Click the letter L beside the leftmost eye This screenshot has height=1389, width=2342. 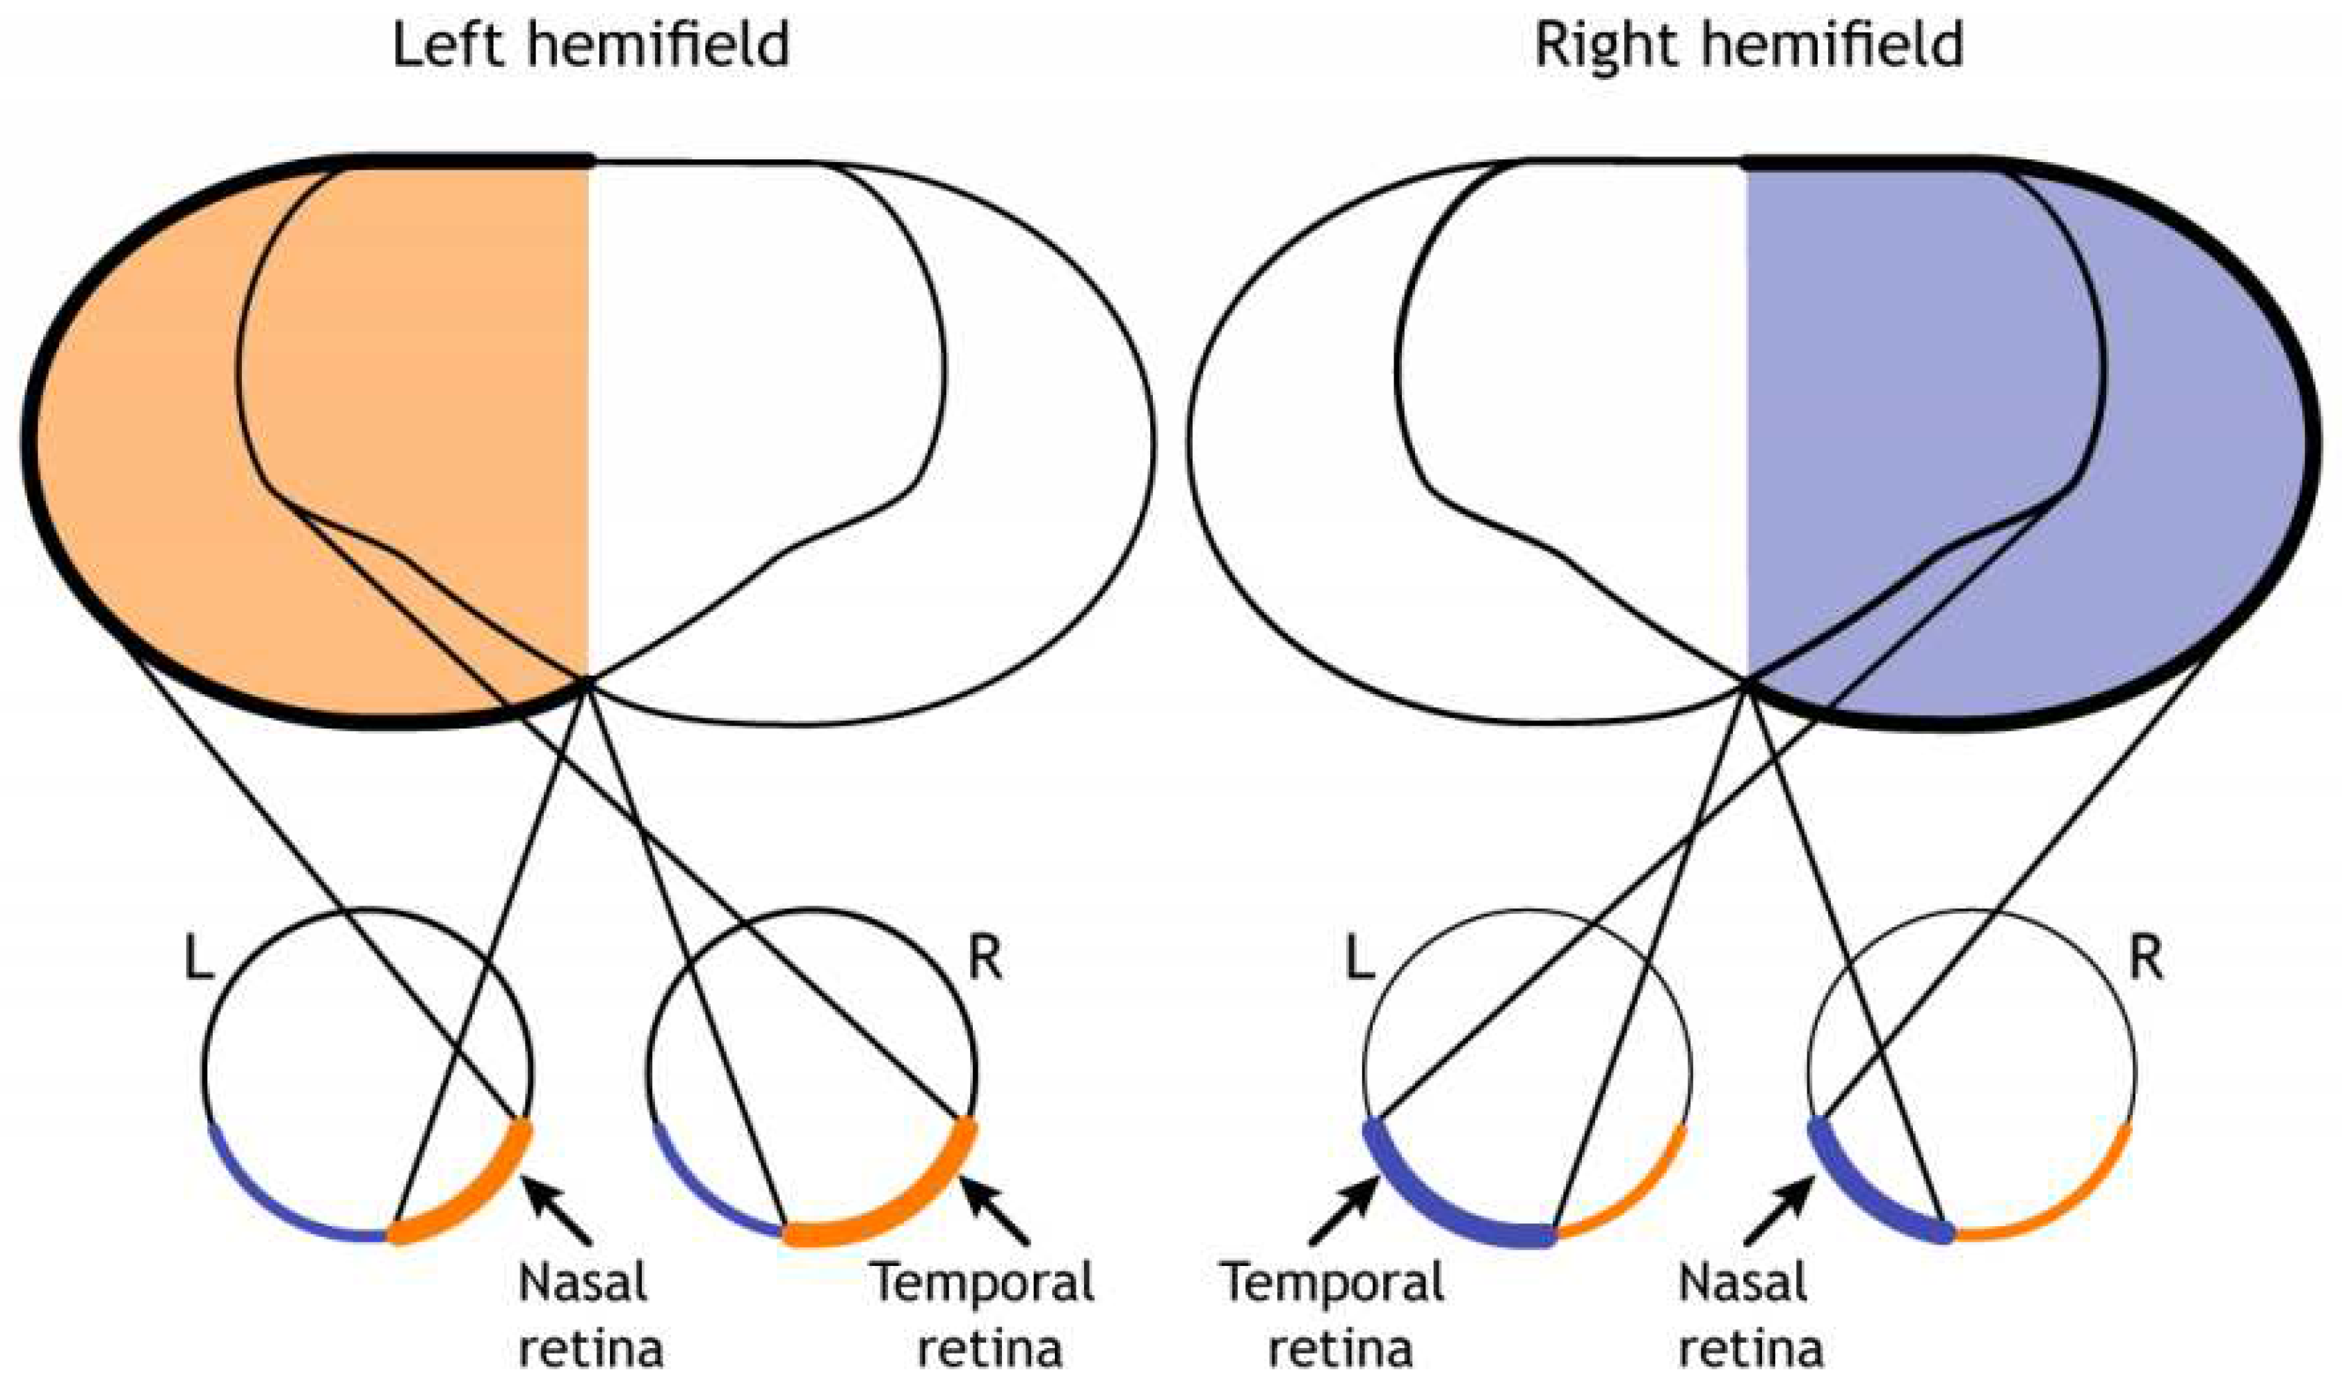(x=197, y=959)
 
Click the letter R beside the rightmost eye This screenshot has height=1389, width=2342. (x=2145, y=959)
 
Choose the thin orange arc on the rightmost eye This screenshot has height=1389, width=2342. (x=2058, y=1207)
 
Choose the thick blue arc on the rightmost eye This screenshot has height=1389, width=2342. (x=1862, y=1198)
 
